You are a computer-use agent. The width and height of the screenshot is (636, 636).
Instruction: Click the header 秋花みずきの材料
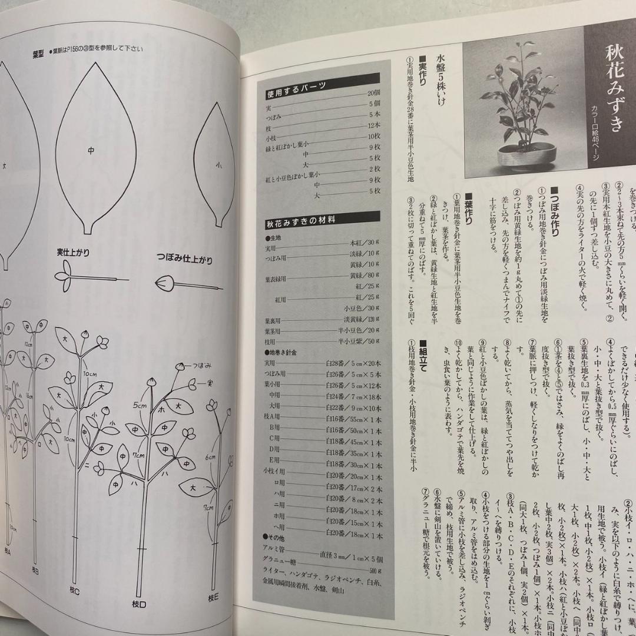(x=300, y=221)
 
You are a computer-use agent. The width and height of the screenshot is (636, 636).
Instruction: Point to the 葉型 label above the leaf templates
(x=40, y=52)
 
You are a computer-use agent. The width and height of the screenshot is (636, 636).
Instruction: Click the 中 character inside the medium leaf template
(x=91, y=151)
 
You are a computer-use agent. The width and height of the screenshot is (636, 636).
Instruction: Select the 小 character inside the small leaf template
(x=218, y=165)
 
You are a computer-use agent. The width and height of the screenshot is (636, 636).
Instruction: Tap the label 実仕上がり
(x=73, y=253)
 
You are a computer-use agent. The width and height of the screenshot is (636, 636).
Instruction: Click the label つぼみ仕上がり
(x=184, y=259)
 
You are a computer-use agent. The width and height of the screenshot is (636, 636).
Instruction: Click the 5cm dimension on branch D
(x=140, y=405)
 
